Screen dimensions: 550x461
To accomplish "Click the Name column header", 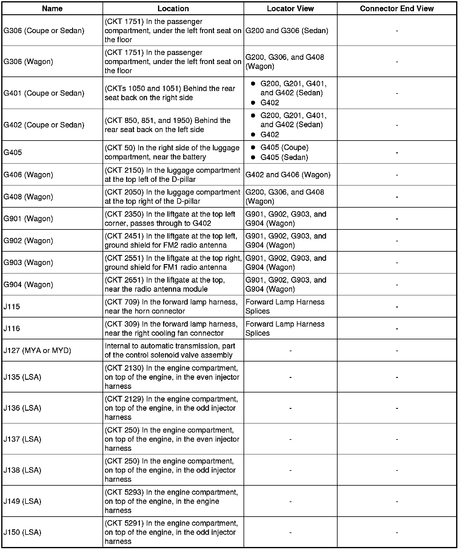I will tap(52, 8).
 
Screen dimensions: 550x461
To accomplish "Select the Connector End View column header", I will tap(397, 8).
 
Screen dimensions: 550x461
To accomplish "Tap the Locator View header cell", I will tap(290, 8).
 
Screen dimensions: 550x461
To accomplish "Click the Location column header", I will tap(173, 8).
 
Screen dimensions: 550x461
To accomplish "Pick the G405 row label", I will tap(13, 152).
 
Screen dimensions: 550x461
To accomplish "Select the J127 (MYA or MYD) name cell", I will tap(37, 351).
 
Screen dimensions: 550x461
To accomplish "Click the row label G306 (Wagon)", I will tap(28, 62).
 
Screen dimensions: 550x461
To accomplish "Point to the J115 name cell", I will tap(12, 307).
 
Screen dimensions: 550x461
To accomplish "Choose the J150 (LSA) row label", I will tap(22, 532).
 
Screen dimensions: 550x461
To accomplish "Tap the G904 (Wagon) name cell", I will tap(28, 284).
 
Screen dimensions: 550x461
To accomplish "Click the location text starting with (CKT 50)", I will tap(172, 152).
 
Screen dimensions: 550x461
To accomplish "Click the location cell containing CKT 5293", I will tap(171, 501).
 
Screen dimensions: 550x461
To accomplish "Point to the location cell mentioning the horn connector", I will tap(171, 307).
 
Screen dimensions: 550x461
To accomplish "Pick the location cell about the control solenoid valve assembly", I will tap(170, 351).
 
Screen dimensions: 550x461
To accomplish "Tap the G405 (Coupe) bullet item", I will tap(284, 148).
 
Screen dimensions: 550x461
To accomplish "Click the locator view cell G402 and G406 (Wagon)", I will tap(288, 175).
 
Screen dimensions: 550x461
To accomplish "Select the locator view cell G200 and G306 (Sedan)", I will tap(287, 31).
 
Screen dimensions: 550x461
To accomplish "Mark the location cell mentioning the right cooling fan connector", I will tap(171, 328).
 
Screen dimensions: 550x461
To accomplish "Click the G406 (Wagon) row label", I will tap(28, 175).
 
